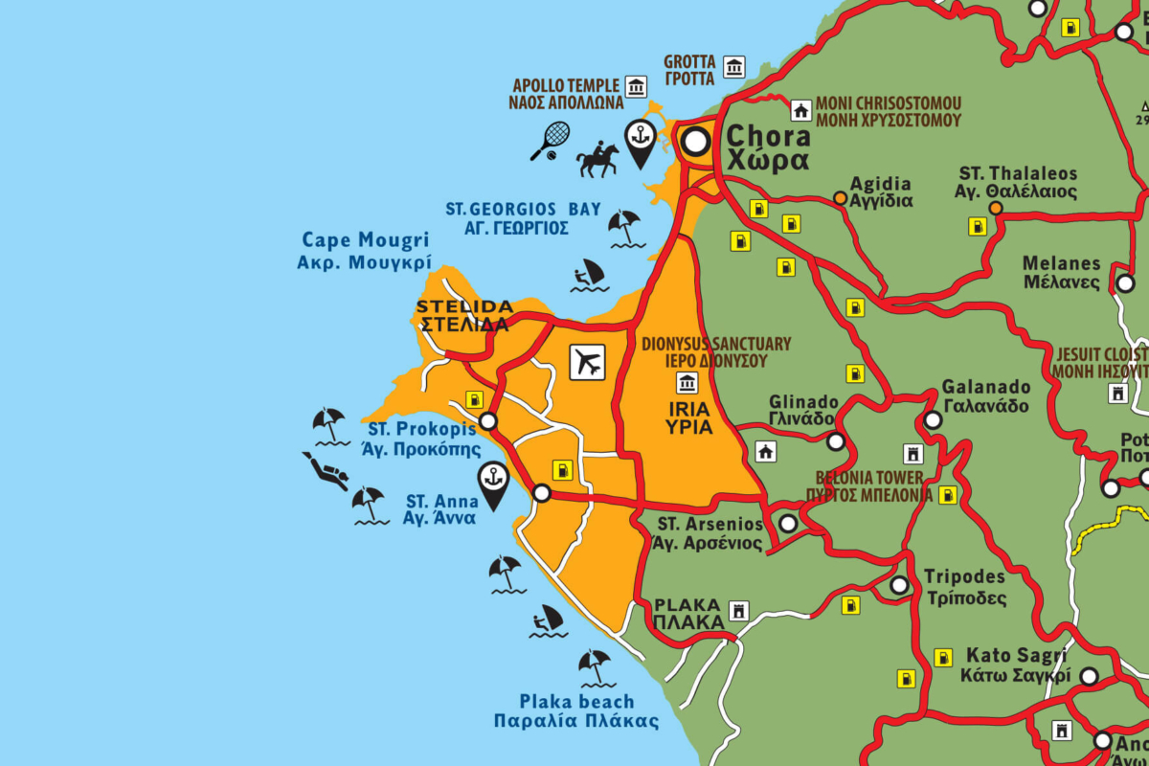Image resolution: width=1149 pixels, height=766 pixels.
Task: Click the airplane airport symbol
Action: coord(589,362)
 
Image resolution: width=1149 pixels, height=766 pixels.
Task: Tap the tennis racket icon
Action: coord(551,140)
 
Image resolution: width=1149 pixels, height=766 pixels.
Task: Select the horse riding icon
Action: coord(597,159)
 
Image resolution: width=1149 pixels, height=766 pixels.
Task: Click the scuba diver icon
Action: coord(327,471)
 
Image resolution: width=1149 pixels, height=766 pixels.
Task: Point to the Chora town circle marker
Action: coord(696,143)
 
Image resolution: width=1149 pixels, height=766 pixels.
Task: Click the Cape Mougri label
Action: coord(365,251)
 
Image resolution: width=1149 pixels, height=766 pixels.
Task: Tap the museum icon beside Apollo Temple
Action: coord(636,87)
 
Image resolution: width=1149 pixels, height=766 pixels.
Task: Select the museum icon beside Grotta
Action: coord(734,66)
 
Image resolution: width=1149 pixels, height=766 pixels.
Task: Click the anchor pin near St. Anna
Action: coord(493,484)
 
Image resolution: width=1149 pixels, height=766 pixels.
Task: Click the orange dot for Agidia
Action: coord(840,198)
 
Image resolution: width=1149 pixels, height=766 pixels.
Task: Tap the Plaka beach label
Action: coord(576,710)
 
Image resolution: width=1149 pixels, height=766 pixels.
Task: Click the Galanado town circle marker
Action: coord(933,419)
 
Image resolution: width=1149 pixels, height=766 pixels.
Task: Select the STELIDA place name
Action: coord(463,315)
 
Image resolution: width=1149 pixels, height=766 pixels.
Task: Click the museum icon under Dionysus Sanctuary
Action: coord(687,384)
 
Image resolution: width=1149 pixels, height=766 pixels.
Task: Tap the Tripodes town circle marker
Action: coord(899,585)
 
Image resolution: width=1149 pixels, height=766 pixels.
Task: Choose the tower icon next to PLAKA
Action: coord(738,610)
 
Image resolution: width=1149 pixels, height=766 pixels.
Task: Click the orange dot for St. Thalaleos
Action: coord(996,208)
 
